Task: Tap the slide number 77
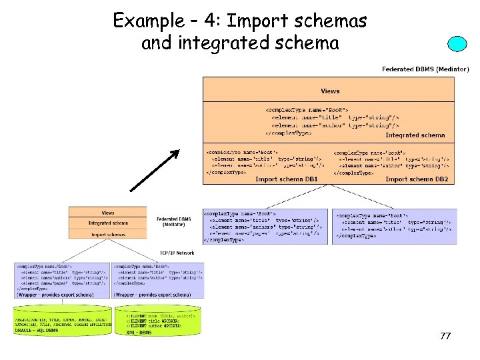445,337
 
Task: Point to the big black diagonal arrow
155,170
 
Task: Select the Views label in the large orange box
329,91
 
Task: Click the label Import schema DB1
286,179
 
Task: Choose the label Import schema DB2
416,179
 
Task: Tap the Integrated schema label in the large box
415,135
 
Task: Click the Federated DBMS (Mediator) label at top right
425,69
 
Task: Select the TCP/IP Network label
177,253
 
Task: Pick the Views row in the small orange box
107,213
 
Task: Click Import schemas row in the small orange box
107,234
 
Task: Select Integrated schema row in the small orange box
107,223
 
